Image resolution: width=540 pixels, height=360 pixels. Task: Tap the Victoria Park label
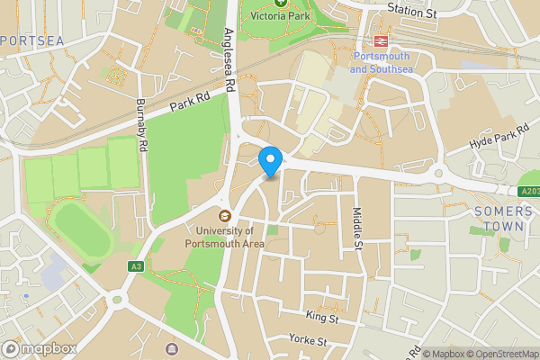tap(281, 16)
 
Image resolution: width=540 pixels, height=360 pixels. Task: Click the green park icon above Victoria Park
tap(281, 3)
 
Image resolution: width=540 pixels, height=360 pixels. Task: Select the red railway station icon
tap(381, 41)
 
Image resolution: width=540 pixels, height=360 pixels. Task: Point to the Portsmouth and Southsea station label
tap(381, 63)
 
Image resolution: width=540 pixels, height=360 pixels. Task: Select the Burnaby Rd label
tap(141, 125)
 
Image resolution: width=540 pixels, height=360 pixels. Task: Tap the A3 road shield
tap(136, 266)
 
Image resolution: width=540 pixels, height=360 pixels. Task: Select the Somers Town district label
tap(497, 220)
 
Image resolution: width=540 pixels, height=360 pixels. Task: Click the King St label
tap(321, 318)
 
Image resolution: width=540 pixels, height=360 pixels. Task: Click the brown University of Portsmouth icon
tap(224, 215)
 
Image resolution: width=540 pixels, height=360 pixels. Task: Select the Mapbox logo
tap(37, 347)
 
